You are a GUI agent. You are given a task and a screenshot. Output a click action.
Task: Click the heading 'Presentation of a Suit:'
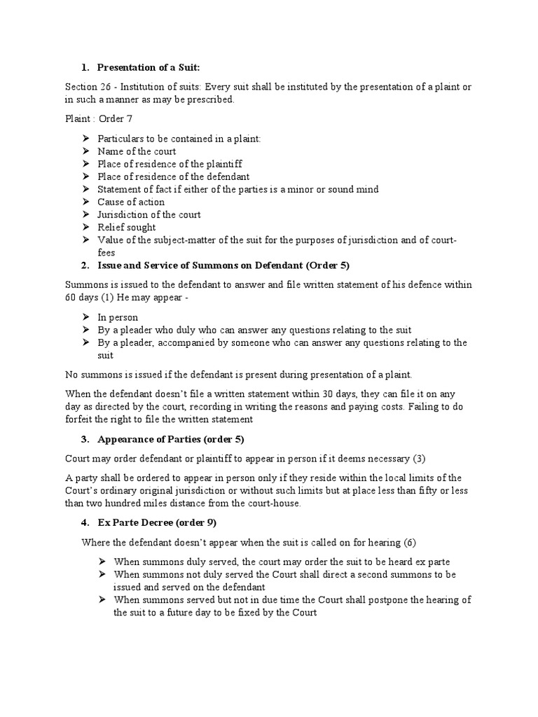click(149, 67)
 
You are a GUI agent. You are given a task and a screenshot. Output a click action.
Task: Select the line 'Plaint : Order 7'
click(99, 118)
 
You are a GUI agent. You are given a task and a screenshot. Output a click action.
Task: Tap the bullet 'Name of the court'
click(137, 151)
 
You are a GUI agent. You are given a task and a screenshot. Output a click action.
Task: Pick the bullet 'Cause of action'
click(131, 202)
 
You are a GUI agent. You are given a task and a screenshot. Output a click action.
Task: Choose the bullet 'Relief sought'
click(127, 227)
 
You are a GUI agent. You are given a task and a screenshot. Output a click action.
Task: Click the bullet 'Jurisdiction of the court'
click(149, 214)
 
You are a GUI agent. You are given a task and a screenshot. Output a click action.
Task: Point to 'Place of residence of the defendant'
click(173, 176)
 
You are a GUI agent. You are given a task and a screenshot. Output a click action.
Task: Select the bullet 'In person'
click(118, 317)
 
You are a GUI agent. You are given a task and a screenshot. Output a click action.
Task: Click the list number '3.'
click(85, 439)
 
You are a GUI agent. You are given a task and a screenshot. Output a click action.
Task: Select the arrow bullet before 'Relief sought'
click(85, 227)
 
